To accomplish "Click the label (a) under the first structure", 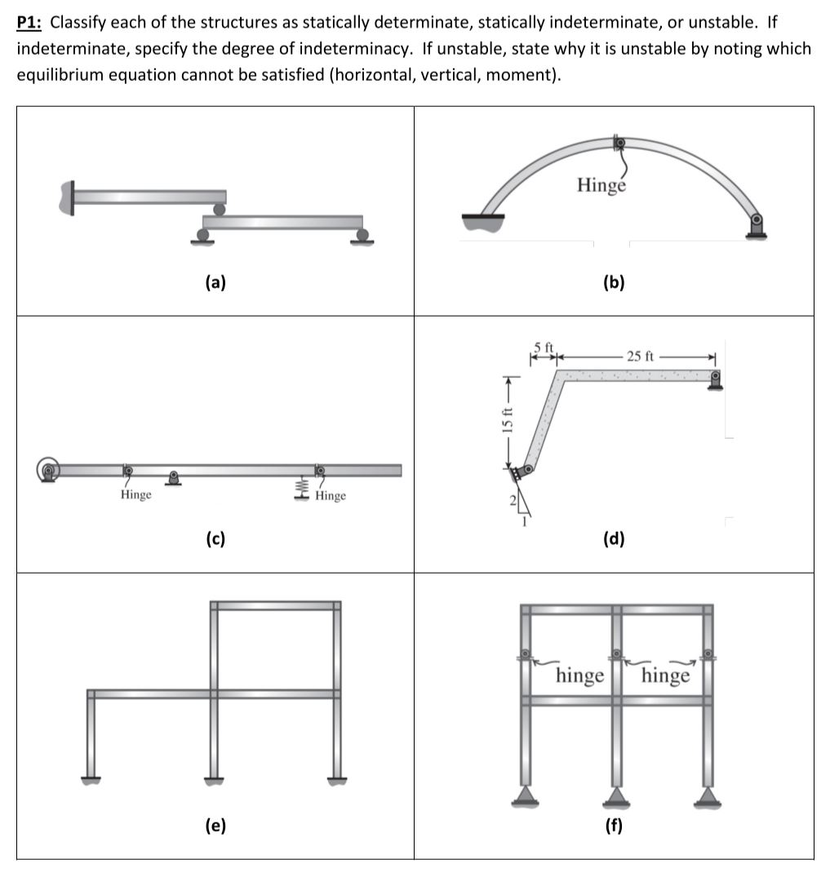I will click(215, 283).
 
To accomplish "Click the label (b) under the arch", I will click(613, 283).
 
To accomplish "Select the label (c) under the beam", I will click(215, 538).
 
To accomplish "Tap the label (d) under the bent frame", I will click(613, 538).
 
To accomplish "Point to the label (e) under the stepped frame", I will click(215, 826).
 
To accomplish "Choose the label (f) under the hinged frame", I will click(613, 826).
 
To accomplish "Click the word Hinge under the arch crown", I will click(601, 185).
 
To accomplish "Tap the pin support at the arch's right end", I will click(757, 224).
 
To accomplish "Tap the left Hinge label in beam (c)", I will click(135, 495).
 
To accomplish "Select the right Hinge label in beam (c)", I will click(330, 496).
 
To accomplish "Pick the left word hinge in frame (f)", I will click(579, 675).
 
